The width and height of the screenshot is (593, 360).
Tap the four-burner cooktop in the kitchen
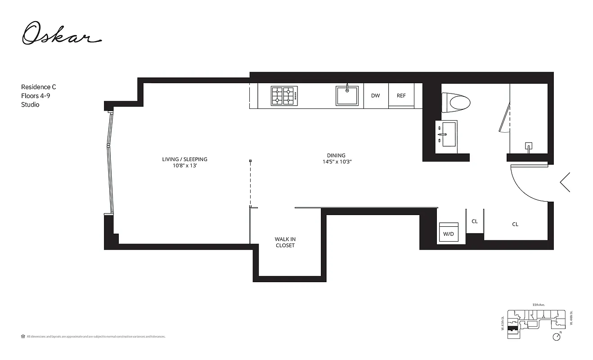click(x=284, y=96)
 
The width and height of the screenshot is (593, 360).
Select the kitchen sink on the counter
click(x=347, y=96)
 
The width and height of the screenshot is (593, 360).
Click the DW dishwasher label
click(x=375, y=96)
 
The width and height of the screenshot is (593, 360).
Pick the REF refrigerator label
click(x=401, y=96)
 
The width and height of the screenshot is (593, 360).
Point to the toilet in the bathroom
click(x=456, y=101)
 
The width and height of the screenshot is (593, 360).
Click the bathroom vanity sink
click(x=446, y=134)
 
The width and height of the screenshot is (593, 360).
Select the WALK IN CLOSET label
click(x=285, y=242)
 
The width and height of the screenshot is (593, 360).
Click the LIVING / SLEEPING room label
click(x=184, y=159)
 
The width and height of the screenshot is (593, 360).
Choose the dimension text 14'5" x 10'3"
click(x=336, y=162)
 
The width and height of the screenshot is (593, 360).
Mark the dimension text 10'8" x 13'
click(x=184, y=165)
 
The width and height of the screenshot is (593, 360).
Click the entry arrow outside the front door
click(x=565, y=182)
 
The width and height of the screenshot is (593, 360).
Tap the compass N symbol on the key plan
click(x=557, y=336)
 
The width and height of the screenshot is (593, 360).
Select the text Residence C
click(x=39, y=87)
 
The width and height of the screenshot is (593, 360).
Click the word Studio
click(x=30, y=104)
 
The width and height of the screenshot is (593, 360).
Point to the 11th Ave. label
click(x=539, y=305)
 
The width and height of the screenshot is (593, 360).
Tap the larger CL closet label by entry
click(x=515, y=224)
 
